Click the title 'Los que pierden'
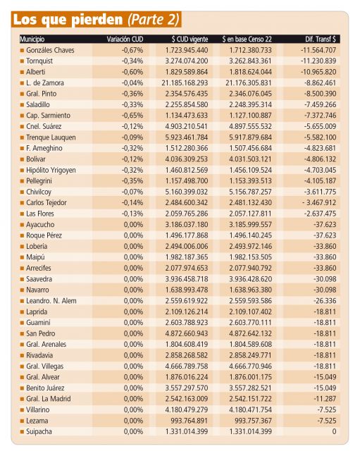68,20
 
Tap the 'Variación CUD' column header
125,39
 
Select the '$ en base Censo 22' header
247,39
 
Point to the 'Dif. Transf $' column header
321,39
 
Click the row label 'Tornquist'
39,61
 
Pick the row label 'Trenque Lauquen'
51,137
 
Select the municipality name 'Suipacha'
39,431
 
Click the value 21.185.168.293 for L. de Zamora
185,83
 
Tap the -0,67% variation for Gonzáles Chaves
132,50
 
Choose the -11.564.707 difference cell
318,50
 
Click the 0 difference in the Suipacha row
334,431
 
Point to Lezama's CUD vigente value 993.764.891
190,421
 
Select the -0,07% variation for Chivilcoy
132,192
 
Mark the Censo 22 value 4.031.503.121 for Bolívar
250,159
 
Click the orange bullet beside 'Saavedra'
22,280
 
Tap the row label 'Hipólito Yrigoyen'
51,170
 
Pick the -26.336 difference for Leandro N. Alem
325,301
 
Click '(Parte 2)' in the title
154,20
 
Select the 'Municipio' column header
32,39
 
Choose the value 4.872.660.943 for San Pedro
187,333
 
